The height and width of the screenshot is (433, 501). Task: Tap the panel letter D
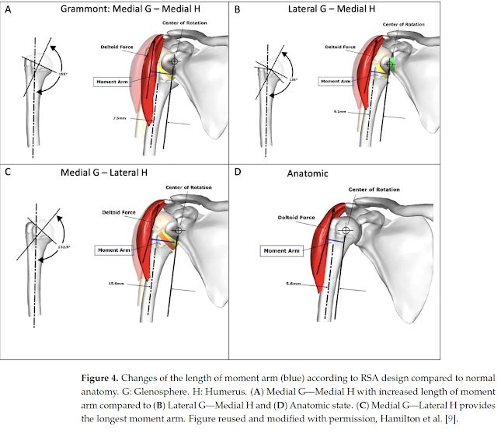point(238,172)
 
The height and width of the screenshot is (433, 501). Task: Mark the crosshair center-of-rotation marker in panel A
point(176,61)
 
